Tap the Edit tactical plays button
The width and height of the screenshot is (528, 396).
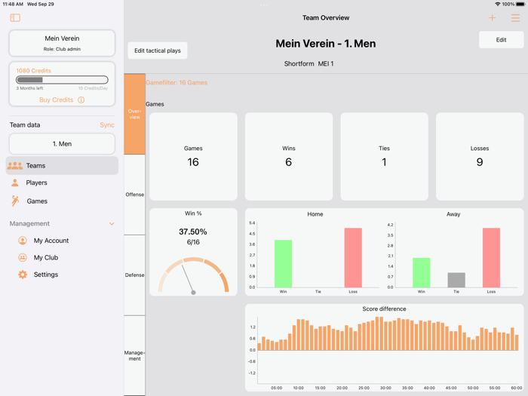point(158,51)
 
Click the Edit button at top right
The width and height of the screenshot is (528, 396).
point(501,40)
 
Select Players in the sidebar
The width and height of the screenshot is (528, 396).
point(36,183)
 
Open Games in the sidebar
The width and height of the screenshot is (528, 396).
point(37,201)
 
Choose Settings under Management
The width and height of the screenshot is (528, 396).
point(45,275)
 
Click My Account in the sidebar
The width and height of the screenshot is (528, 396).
point(51,241)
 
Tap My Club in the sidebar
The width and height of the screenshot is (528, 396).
point(46,257)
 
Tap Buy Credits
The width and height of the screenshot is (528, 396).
point(57,100)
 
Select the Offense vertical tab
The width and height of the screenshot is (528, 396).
point(134,195)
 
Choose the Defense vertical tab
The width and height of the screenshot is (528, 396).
point(134,275)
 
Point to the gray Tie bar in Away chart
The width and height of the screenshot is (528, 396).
point(456,280)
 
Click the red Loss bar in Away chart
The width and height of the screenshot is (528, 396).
point(491,257)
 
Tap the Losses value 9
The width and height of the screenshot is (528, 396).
point(480,162)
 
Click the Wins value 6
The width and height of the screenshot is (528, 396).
point(288,162)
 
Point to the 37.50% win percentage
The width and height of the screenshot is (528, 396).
point(193,232)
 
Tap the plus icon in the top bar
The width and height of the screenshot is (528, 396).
point(492,18)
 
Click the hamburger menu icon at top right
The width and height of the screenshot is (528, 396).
point(515,18)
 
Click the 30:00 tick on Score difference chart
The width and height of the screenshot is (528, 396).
point(385,388)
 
